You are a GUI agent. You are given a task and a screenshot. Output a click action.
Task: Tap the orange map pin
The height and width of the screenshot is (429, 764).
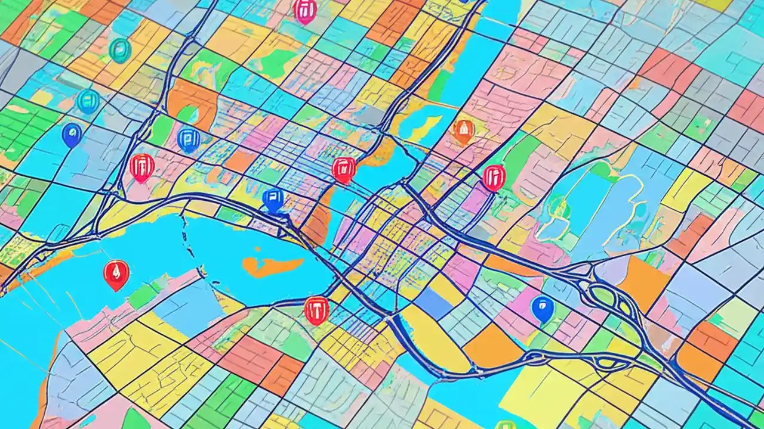464,130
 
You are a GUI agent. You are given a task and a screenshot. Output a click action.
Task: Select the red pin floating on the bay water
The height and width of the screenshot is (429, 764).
116,273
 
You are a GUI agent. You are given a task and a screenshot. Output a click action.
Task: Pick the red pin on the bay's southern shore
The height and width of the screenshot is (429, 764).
316,309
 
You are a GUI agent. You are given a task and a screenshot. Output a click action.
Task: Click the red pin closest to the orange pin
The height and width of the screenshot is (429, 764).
494,177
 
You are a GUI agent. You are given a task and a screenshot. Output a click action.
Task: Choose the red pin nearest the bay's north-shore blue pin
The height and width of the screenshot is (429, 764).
343,169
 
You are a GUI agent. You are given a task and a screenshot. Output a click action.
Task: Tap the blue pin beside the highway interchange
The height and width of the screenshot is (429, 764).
542,308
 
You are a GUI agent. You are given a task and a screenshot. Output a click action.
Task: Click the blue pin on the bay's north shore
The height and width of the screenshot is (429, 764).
273,198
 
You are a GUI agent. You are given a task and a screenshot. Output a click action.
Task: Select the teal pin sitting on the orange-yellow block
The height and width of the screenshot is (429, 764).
120,50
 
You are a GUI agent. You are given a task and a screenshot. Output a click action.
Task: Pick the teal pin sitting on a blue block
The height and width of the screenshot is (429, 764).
88,101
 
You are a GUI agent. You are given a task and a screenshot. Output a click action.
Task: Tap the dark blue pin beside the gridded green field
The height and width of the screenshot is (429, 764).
72,135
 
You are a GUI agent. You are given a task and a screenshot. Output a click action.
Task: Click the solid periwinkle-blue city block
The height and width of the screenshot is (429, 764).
434,302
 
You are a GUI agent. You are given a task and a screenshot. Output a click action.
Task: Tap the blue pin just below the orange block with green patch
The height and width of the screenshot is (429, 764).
188,139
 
